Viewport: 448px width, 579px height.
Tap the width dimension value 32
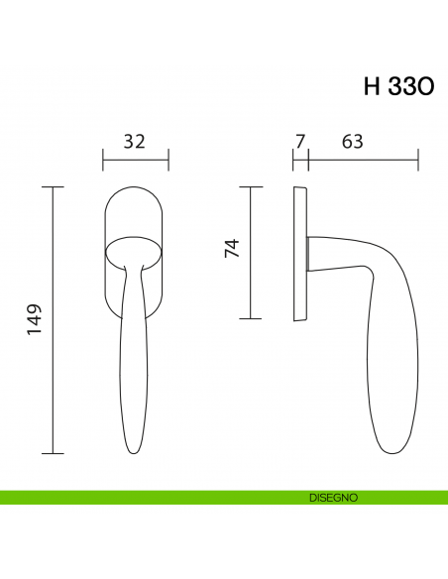[135, 141]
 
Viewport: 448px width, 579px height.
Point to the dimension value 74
[232, 249]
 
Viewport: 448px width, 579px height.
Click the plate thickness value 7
[300, 141]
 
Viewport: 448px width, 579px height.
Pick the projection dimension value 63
[351, 141]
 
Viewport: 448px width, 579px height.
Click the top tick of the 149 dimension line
[53, 187]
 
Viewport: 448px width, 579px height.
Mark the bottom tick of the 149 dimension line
[53, 452]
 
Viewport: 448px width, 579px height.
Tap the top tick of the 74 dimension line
[250, 187]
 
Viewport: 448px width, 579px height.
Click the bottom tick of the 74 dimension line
[250, 318]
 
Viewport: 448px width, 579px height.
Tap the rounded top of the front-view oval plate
[135, 189]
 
